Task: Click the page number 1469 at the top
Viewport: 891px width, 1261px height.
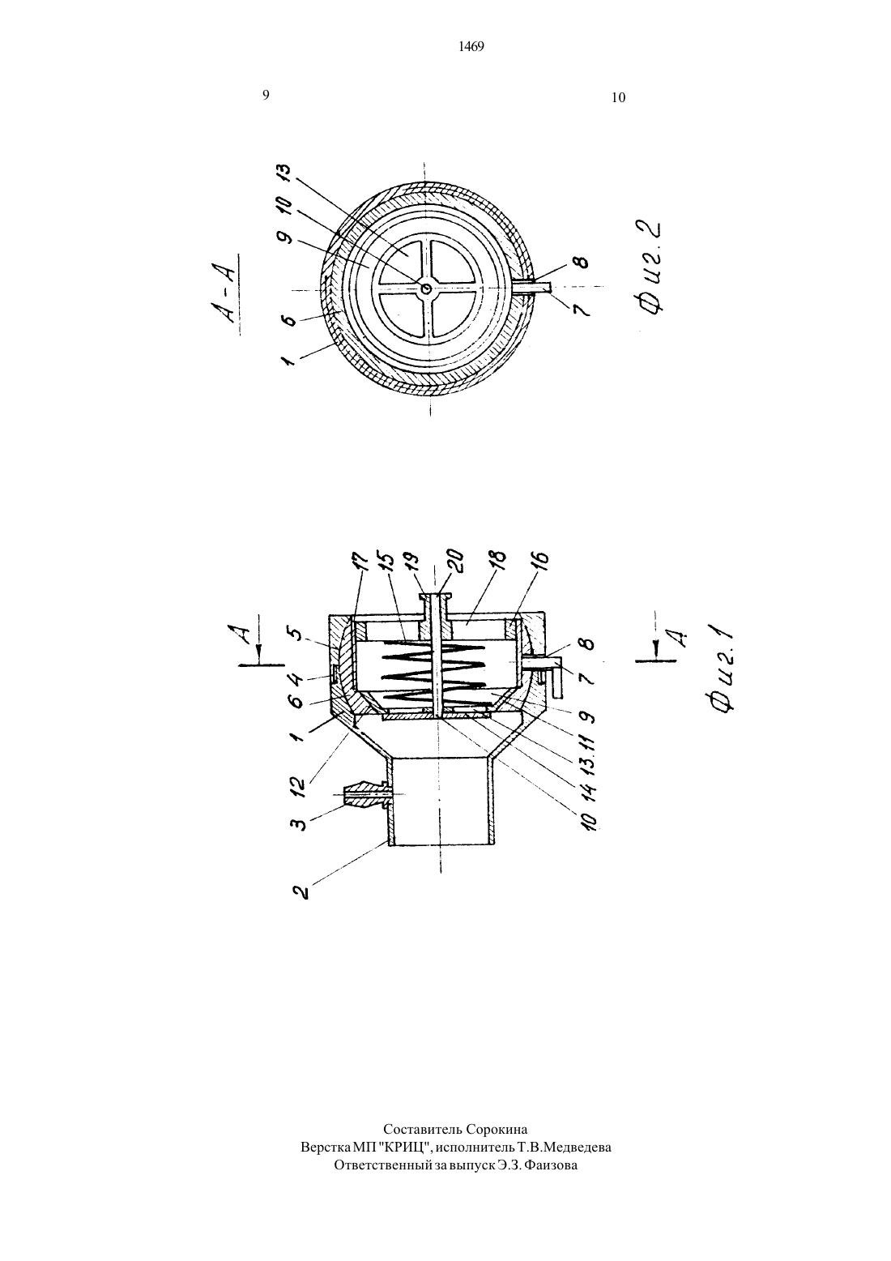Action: (x=471, y=47)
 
